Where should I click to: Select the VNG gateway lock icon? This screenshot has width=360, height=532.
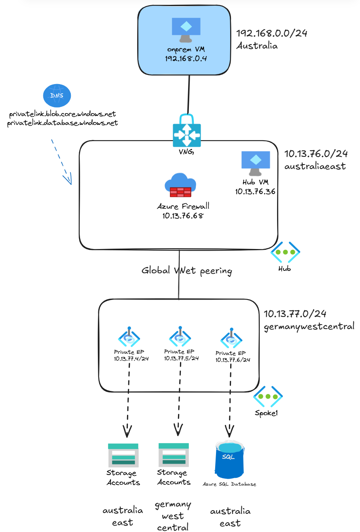pyautogui.click(x=186, y=131)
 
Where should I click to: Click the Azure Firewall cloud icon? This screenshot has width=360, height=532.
pyautogui.click(x=180, y=185)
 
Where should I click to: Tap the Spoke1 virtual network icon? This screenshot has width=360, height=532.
pyautogui.click(x=268, y=396)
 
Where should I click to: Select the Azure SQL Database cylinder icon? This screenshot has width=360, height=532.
pyautogui.click(x=230, y=460)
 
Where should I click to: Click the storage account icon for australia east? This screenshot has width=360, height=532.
pyautogui.click(x=123, y=455)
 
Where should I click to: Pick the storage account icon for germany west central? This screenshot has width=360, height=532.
pyautogui.click(x=174, y=455)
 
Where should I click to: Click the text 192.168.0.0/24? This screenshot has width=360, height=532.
pyautogui.click(x=271, y=33)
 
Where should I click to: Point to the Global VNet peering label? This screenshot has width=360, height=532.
pyautogui.click(x=186, y=270)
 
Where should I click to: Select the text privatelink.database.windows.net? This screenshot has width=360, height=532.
pyautogui.click(x=63, y=123)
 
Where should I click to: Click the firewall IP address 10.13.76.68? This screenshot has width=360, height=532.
pyautogui.click(x=183, y=215)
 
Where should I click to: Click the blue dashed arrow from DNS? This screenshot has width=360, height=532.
pyautogui.click(x=61, y=162)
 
